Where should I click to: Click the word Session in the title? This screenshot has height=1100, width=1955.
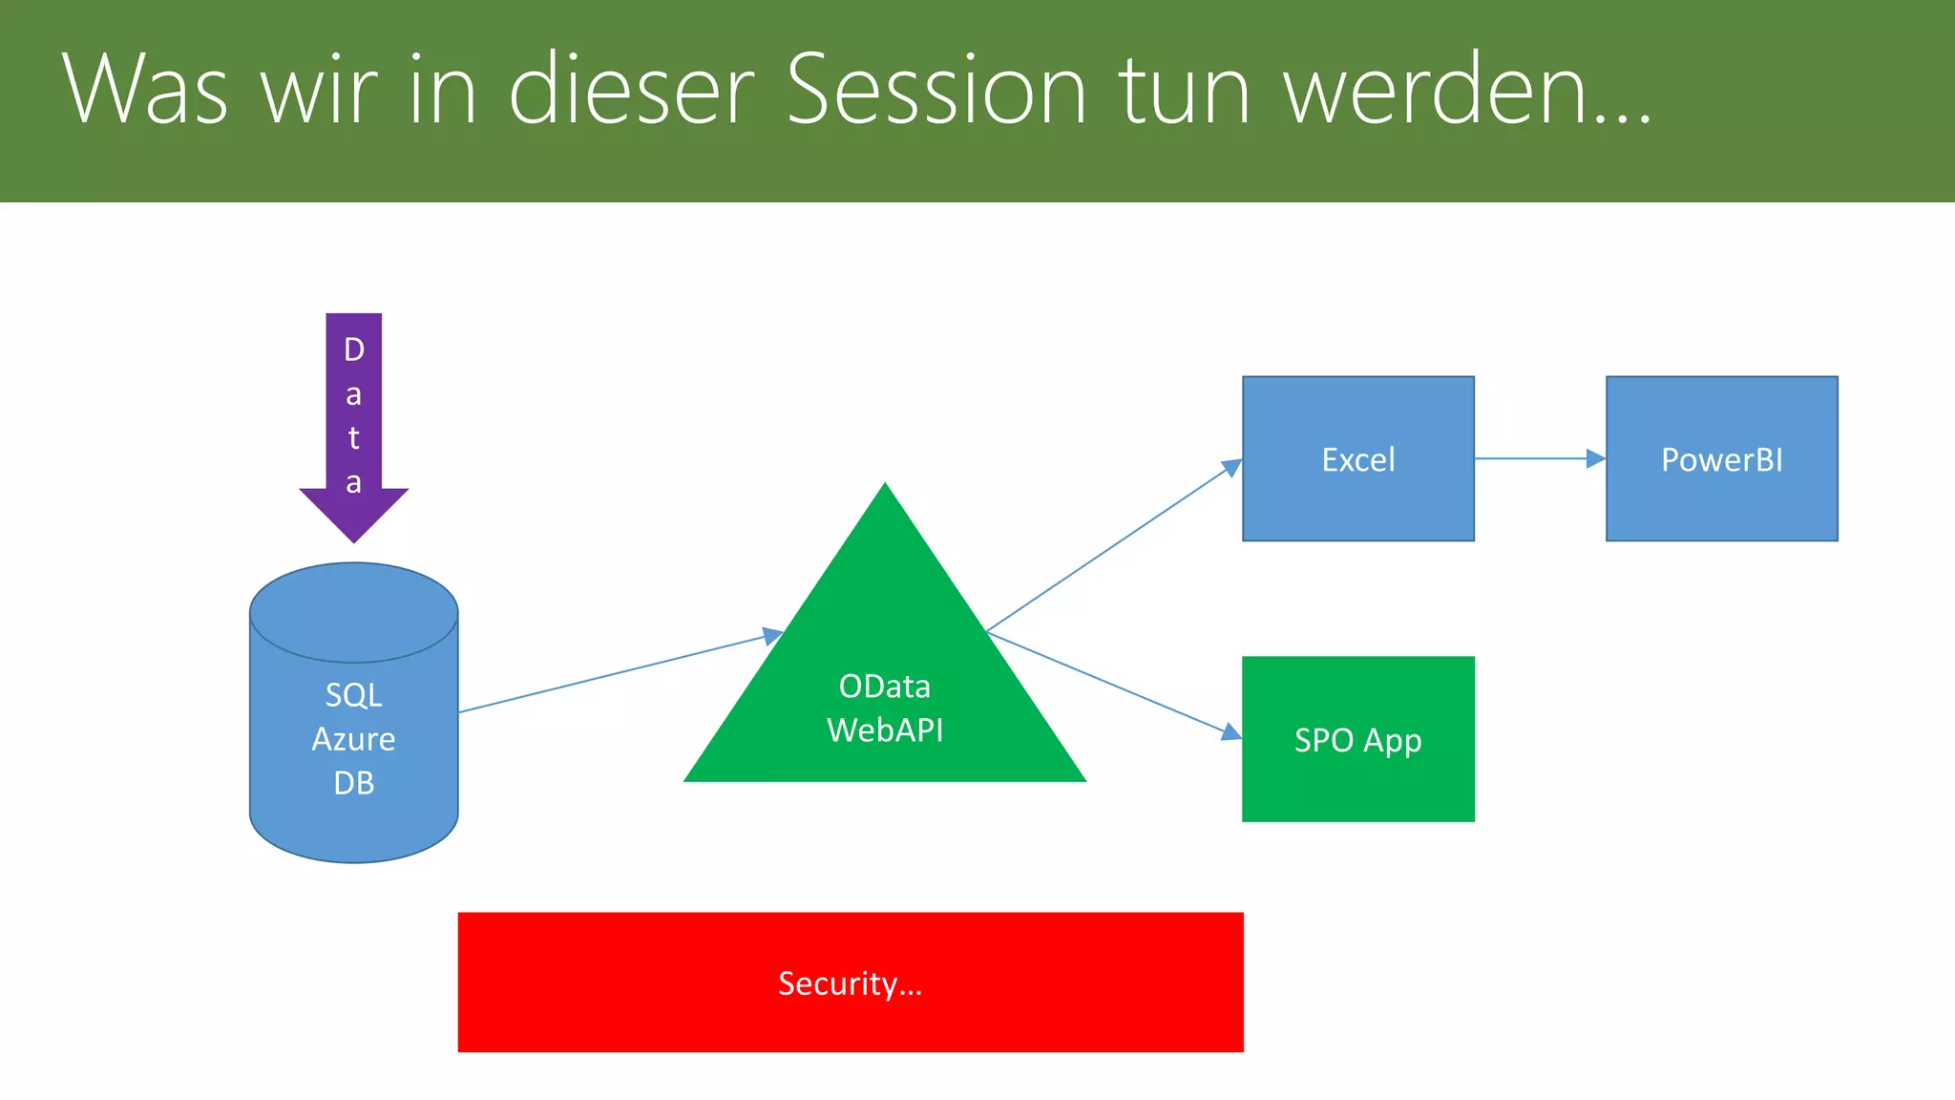pos(935,91)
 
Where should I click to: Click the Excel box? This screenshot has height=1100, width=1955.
pos(1357,459)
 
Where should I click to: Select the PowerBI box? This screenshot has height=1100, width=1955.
pos(1721,459)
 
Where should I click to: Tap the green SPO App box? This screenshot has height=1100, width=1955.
pos(1357,739)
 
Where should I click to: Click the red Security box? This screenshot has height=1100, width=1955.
pos(850,983)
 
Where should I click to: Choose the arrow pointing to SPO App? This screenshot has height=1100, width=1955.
pos(1112,683)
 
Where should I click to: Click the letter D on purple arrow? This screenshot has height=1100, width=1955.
pos(353,349)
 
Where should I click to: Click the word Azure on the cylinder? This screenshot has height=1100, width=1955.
pos(353,739)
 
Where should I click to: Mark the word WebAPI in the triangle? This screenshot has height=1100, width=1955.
pos(885,730)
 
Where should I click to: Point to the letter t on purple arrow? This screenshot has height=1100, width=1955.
pos(353,438)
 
